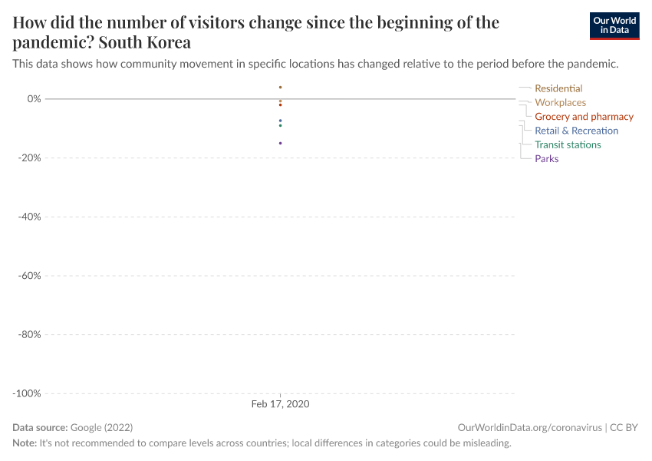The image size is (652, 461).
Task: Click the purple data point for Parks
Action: click(280, 143)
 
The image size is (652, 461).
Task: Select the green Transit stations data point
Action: click(280, 125)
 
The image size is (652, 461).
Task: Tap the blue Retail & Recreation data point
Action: click(280, 121)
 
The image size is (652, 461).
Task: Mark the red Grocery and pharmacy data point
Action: click(280, 105)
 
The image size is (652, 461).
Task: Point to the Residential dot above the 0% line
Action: click(280, 87)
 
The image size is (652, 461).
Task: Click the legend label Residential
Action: click(558, 88)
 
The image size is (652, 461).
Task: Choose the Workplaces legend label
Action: click(560, 102)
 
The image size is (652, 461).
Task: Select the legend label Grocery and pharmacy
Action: click(584, 117)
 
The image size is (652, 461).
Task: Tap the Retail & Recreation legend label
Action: click(576, 131)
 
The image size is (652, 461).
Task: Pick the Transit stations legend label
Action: click(568, 144)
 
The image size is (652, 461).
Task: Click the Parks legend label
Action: click(546, 159)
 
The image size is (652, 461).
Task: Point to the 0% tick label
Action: click(34, 98)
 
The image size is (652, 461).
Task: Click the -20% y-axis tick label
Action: click(29, 158)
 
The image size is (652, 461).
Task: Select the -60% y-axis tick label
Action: click(29, 275)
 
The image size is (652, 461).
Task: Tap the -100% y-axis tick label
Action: click(27, 393)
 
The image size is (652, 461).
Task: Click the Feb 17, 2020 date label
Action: click(280, 404)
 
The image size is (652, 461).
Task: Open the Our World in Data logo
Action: click(614, 25)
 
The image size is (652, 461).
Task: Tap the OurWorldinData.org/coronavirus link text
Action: click(529, 427)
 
